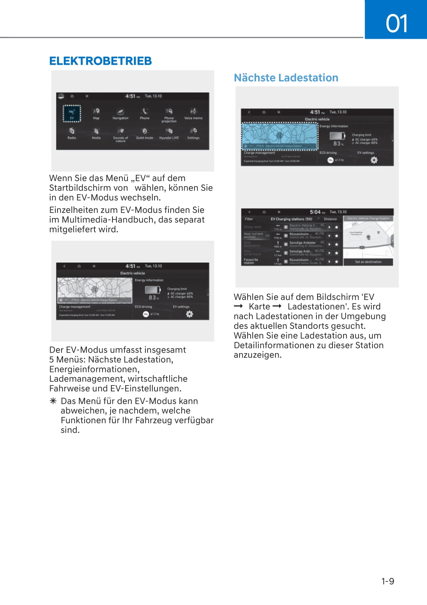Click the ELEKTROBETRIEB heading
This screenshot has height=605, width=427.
100,61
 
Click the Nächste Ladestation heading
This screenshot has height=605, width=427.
286,78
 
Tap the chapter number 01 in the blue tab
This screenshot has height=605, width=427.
396,23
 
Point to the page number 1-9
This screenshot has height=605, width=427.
387,581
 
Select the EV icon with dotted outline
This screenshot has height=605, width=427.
72,113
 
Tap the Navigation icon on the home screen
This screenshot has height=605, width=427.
120,113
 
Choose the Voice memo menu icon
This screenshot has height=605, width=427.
193,113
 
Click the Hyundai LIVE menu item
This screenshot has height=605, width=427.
169,133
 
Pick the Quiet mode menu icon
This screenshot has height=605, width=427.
145,133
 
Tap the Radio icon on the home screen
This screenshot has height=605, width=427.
72,133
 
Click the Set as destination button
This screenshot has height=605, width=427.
368,262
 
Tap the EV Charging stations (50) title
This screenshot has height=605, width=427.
292,219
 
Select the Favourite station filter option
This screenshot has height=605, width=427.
251,261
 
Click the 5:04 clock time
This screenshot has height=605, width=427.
315,212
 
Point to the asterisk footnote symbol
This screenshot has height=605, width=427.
53,401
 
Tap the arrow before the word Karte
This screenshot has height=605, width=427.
238,307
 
